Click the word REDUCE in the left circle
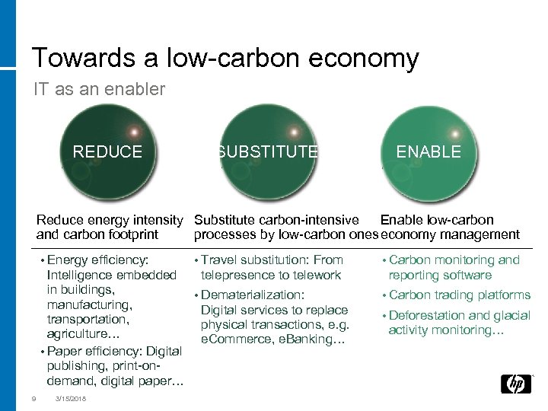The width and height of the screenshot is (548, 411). pyautogui.click(x=107, y=151)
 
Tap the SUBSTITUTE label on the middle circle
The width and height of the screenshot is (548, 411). pyautogui.click(x=267, y=151)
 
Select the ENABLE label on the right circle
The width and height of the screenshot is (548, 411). pyautogui.click(x=429, y=151)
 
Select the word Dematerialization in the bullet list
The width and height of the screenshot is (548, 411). pyautogui.click(x=253, y=295)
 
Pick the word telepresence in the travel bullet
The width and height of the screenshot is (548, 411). pyautogui.click(x=237, y=275)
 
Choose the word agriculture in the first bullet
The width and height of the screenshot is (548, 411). pyautogui.click(x=81, y=334)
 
